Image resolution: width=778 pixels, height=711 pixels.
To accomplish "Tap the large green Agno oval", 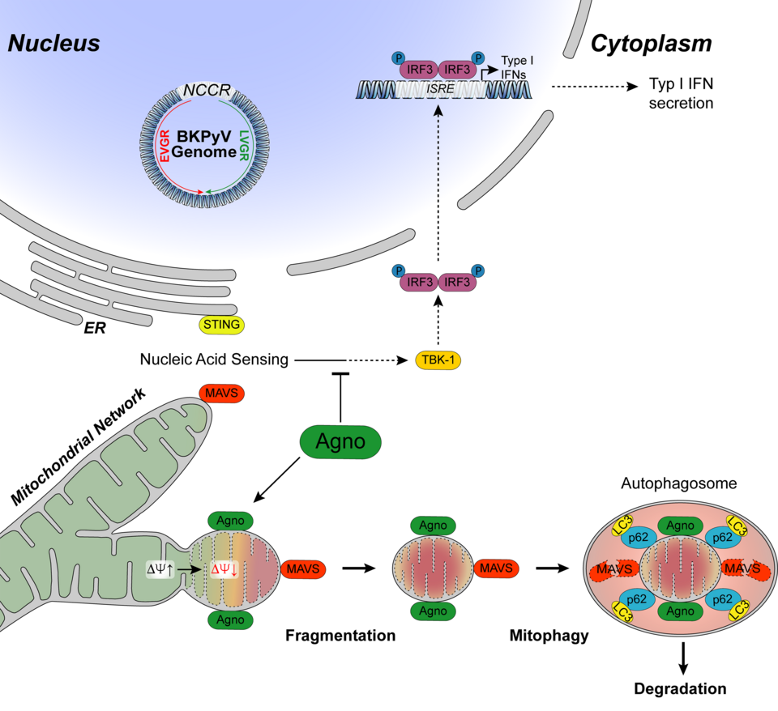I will [340, 442].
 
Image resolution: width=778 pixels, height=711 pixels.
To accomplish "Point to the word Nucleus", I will [53, 44].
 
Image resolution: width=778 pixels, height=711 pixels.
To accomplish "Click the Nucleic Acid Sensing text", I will [214, 359].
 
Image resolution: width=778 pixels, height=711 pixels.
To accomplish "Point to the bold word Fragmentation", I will [340, 635].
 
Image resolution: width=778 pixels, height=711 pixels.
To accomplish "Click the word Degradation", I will [680, 689].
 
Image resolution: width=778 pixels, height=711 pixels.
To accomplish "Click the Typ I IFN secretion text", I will [681, 93].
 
